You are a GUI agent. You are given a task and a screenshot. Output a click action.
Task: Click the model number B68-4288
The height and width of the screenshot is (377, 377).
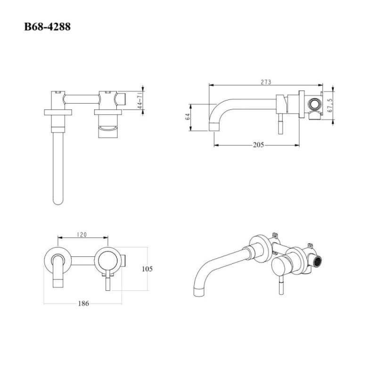pyautogui.click(x=48, y=26)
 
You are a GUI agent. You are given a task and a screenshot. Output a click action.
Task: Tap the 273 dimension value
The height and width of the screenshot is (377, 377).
pyautogui.click(x=266, y=82)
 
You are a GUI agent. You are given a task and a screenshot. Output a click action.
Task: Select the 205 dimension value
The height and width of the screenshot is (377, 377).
pyautogui.click(x=258, y=145)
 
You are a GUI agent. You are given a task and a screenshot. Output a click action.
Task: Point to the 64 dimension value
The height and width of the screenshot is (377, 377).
pyautogui.click(x=188, y=117)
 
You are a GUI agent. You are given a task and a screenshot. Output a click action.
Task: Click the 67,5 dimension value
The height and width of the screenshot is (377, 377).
pyautogui.click(x=330, y=105)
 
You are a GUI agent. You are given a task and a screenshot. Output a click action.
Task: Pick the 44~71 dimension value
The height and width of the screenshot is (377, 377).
pyautogui.click(x=140, y=102)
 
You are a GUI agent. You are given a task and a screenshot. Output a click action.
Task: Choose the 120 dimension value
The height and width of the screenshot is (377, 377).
pyautogui.click(x=82, y=235)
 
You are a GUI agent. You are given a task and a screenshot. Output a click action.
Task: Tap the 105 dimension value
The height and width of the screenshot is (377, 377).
pyautogui.click(x=147, y=269)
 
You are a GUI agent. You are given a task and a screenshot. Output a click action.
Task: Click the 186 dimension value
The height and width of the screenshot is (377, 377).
pyautogui.click(x=83, y=303)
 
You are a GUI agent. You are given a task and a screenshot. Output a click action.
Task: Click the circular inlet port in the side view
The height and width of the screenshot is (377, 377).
pyautogui.click(x=314, y=104)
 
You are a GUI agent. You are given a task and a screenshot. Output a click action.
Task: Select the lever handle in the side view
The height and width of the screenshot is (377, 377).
pyautogui.click(x=280, y=124)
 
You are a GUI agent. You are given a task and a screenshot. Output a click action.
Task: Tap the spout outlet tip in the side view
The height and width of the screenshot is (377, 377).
pyautogui.click(x=213, y=127)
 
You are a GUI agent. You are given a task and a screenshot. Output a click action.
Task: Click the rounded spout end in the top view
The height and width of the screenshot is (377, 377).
pyautogui.click(x=58, y=200)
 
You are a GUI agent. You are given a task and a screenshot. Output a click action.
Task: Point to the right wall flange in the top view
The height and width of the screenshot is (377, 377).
pyautogui.click(x=108, y=112)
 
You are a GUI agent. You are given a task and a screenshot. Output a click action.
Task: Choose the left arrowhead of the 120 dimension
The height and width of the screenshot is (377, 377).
pyautogui.click(x=60, y=238)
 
